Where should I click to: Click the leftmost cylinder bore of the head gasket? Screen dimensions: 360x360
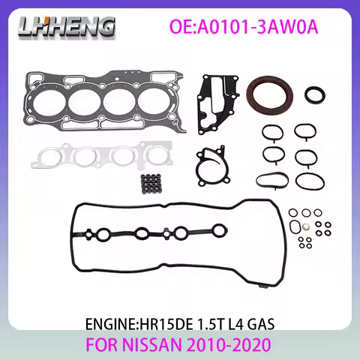(x=53, y=100)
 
